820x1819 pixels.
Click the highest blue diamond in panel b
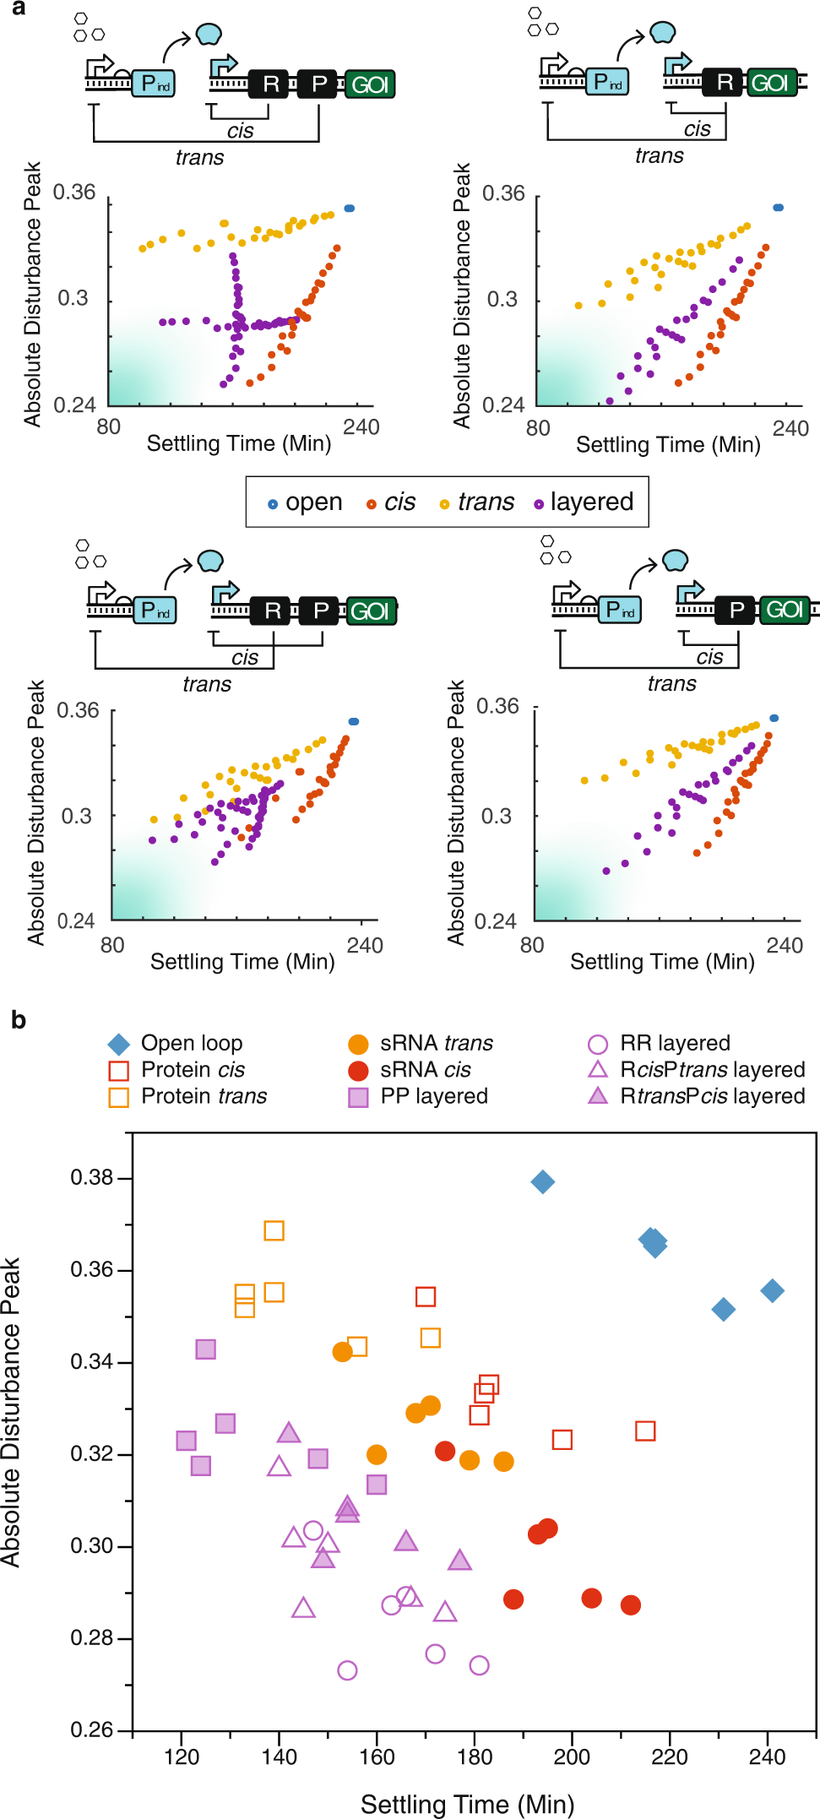(x=543, y=1181)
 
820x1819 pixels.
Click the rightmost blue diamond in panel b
(x=772, y=1290)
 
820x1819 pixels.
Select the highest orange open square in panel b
(x=274, y=1230)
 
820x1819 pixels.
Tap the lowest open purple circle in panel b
(x=347, y=1670)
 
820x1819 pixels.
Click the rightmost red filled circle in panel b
(x=630, y=1605)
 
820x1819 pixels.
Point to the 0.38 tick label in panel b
(x=92, y=1177)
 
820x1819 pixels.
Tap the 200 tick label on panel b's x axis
(x=572, y=1757)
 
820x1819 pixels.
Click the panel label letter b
(x=19, y=1020)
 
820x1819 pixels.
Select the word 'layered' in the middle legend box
(x=591, y=502)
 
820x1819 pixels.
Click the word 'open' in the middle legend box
(x=313, y=502)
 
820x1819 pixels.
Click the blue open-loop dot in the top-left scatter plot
(x=350, y=208)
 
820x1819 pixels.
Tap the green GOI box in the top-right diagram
(x=769, y=83)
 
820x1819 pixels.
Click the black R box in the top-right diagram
(x=725, y=82)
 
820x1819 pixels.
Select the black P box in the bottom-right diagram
(x=736, y=610)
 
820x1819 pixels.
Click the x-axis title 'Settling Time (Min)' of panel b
(x=467, y=1804)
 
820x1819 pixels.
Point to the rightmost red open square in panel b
(x=645, y=1431)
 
